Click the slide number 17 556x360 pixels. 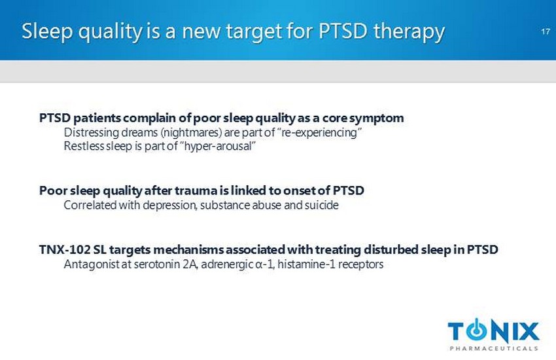point(546,31)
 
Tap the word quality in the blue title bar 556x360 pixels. point(110,32)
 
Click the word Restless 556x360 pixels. point(83,146)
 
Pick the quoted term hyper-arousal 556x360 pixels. point(220,146)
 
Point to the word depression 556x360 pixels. point(170,206)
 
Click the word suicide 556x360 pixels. point(322,205)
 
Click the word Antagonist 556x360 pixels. point(92,264)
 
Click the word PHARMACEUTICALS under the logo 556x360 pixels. point(494,348)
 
